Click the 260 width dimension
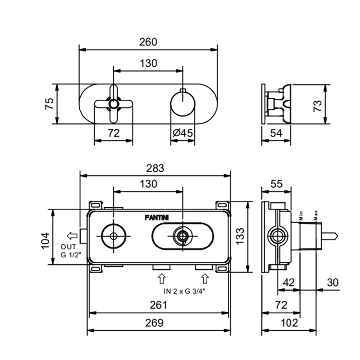point(148,42)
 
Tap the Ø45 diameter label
point(183,133)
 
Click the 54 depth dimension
point(276,133)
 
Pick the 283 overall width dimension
point(155,168)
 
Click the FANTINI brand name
point(156,217)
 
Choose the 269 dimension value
point(153,323)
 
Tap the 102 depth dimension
point(290,323)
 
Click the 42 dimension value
point(288,282)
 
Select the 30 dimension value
point(333,282)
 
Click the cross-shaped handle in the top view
point(114,104)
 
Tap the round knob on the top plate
point(183,104)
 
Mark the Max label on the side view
point(316,213)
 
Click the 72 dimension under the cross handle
point(114,133)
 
